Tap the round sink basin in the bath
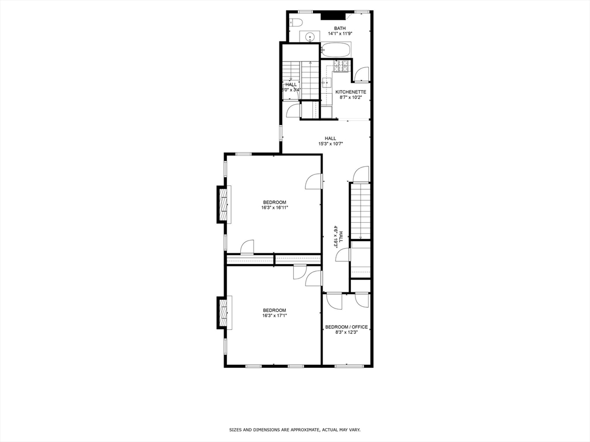tap(311, 37)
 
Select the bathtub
tap(336, 50)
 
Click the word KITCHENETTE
tap(351, 92)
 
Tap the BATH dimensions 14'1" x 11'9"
tap(340, 34)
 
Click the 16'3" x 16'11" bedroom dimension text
tap(274, 208)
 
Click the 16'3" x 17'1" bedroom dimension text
tap(274, 315)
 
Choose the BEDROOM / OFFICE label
tap(346, 327)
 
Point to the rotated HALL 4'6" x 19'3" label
tap(338, 236)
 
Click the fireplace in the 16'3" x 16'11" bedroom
tap(222, 204)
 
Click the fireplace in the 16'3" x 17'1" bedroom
tap(222, 313)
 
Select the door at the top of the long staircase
tap(361, 173)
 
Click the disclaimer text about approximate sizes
tap(294, 429)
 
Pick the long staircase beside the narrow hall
tap(360, 210)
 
